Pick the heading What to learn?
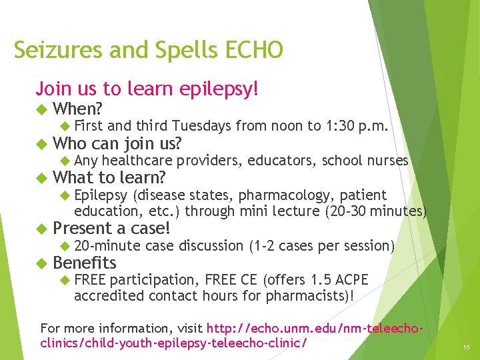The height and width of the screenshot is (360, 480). coord(109,178)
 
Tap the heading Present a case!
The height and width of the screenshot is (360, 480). coord(111,229)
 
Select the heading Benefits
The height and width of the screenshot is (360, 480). coord(84,263)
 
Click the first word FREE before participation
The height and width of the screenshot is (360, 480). coord(90,280)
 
